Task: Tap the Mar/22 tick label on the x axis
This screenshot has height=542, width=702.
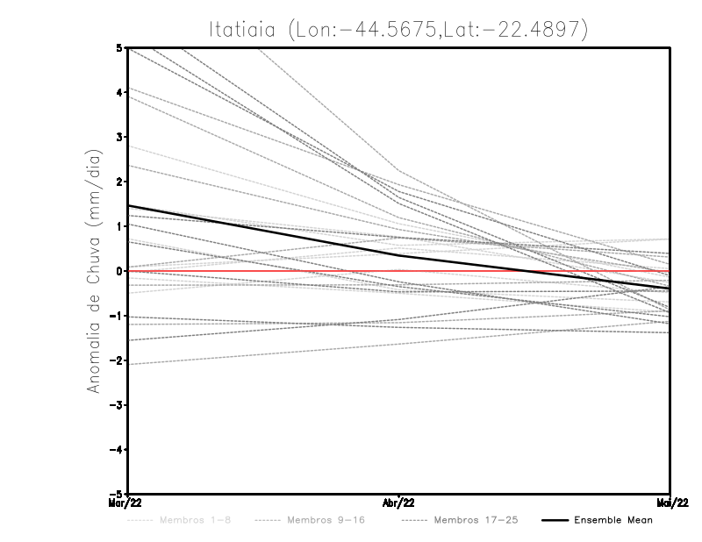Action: [x=125, y=502]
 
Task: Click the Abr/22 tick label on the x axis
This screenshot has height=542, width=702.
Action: [x=399, y=502]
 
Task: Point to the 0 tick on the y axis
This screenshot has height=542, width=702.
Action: [x=118, y=271]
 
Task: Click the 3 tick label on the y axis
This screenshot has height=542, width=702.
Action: [x=118, y=137]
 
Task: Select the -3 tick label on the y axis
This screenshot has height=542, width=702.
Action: [x=115, y=405]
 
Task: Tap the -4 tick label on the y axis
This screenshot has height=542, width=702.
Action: [x=115, y=450]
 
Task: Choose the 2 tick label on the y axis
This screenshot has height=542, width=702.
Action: [x=118, y=182]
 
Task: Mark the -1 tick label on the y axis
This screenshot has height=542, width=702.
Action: [x=115, y=316]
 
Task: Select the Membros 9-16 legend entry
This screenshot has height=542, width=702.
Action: [x=326, y=520]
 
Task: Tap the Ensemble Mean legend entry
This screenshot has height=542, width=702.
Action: [x=612, y=520]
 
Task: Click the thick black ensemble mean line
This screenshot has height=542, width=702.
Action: [x=263, y=231]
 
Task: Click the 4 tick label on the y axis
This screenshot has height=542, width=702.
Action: [x=118, y=92]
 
